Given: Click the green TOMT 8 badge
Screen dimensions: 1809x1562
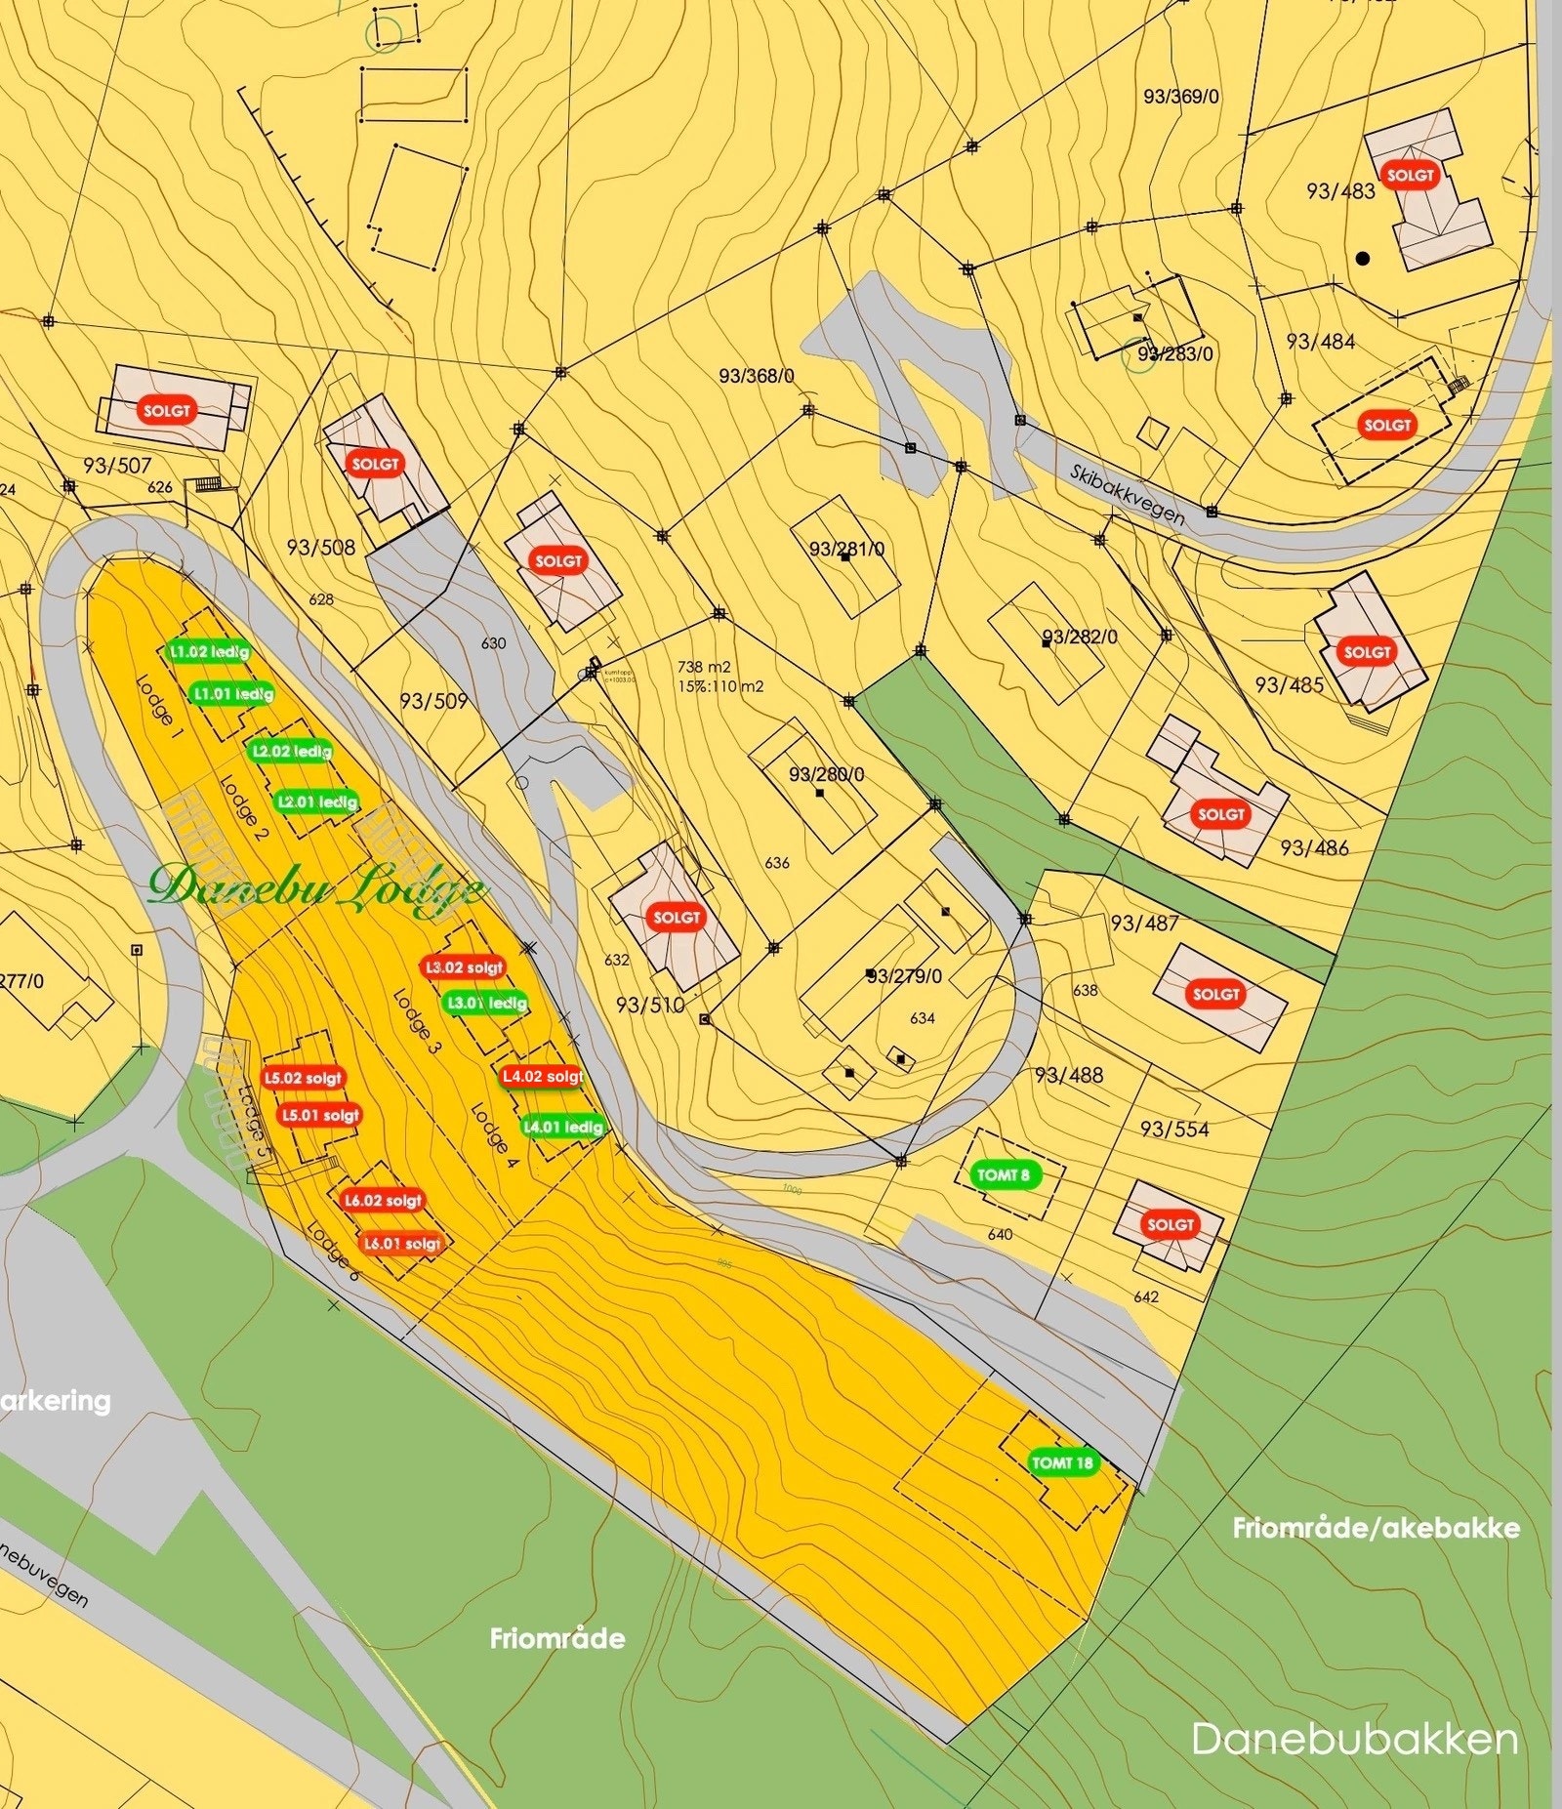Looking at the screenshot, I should pyautogui.click(x=1004, y=1174).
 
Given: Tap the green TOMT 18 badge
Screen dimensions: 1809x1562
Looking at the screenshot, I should pyautogui.click(x=1062, y=1462).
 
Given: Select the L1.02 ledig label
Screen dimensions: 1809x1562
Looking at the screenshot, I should pyautogui.click(x=209, y=651).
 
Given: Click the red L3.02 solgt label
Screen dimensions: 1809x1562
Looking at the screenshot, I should pyautogui.click(x=465, y=967).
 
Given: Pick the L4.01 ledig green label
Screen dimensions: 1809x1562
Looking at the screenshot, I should pyautogui.click(x=563, y=1127).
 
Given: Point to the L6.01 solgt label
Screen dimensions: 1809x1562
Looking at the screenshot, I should pyautogui.click(x=402, y=1244).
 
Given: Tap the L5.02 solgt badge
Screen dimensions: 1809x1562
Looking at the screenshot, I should pyautogui.click(x=304, y=1078).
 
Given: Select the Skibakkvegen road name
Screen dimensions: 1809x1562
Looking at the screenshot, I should pyautogui.click(x=1128, y=495).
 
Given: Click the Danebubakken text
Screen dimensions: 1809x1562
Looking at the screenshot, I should pyautogui.click(x=1354, y=1739).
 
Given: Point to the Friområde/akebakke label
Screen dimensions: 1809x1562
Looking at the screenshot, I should pyautogui.click(x=1376, y=1528).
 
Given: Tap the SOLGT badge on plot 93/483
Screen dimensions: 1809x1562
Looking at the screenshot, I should pyautogui.click(x=1410, y=176).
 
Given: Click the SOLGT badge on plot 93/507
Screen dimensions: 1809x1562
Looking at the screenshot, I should pyautogui.click(x=167, y=411).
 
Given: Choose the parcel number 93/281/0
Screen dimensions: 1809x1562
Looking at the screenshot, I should pyautogui.click(x=846, y=550).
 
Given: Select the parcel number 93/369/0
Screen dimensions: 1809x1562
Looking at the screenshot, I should pyautogui.click(x=1180, y=97).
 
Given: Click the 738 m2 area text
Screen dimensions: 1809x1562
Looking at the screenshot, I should pyautogui.click(x=704, y=667).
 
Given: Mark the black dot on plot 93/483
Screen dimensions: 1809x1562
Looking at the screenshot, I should pyautogui.click(x=1363, y=259).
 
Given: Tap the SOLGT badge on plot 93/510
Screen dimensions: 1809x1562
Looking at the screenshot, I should pyautogui.click(x=677, y=918).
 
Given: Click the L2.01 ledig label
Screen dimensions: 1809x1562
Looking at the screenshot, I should pyautogui.click(x=317, y=802).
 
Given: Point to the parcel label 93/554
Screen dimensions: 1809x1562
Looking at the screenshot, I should pyautogui.click(x=1174, y=1130).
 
